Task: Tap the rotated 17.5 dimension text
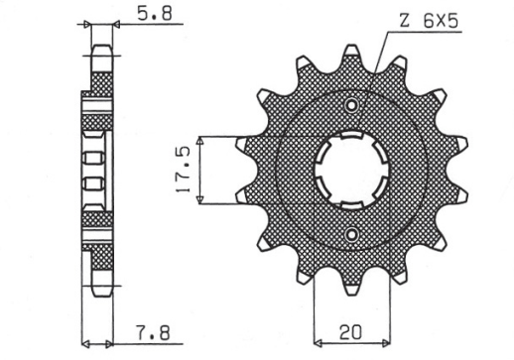click(185, 171)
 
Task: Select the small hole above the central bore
click(350, 106)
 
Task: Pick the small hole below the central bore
click(350, 233)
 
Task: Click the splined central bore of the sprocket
click(350, 170)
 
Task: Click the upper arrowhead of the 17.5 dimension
click(202, 140)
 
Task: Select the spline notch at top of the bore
click(350, 136)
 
